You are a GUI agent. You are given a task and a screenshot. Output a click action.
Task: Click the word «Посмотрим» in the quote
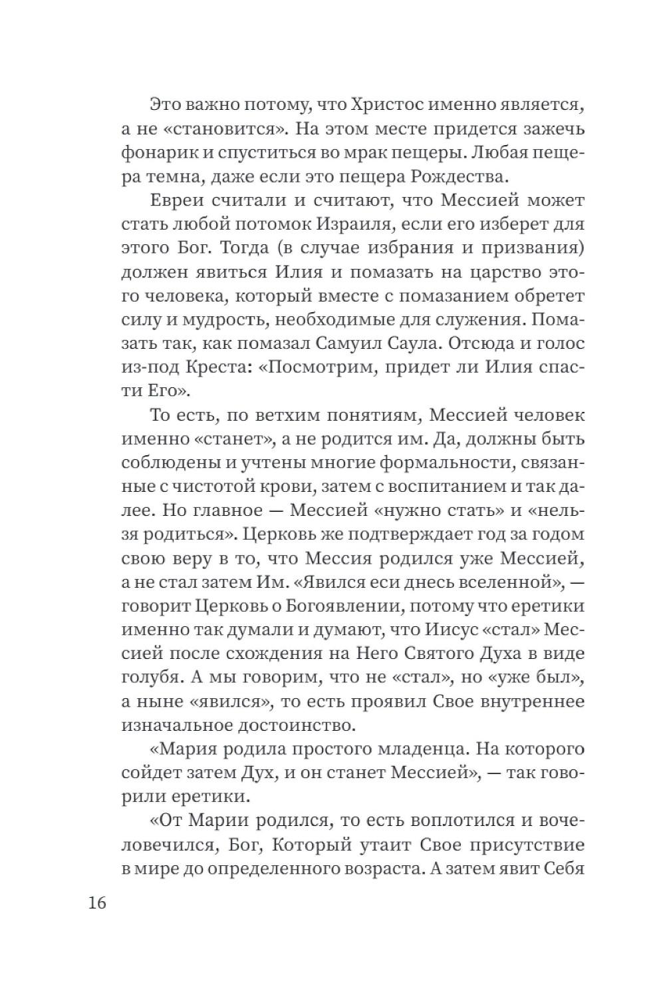(321, 367)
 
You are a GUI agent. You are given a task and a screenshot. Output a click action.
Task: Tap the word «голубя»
(148, 678)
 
